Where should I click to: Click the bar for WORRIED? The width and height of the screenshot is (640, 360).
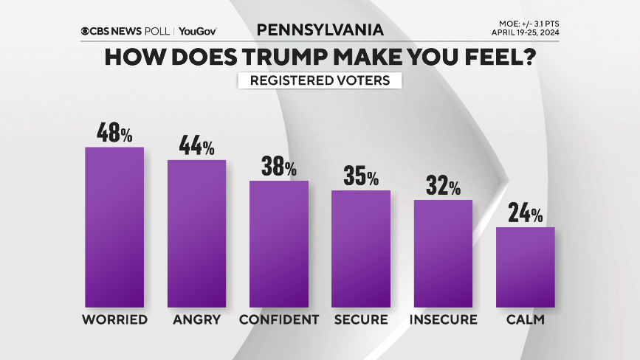click(114, 227)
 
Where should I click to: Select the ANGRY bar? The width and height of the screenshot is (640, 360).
click(196, 233)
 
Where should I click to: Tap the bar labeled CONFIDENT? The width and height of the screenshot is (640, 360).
click(278, 243)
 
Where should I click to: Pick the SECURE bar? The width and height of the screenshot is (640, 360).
click(361, 249)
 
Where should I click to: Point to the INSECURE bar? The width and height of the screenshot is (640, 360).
click(443, 253)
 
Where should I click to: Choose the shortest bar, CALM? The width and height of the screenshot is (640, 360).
click(525, 267)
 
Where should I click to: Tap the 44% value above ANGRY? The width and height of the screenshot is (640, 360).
click(196, 145)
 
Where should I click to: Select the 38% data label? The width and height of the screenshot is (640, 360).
click(278, 166)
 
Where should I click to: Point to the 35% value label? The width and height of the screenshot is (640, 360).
click(361, 176)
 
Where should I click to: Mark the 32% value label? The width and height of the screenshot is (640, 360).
click(443, 186)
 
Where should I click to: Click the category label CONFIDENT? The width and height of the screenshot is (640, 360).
click(278, 319)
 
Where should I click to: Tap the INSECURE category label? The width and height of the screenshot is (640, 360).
click(443, 319)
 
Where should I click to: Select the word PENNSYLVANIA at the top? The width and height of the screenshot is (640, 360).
click(320, 30)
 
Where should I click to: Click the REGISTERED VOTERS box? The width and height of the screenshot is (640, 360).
click(320, 80)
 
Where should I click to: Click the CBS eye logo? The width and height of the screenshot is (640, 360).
click(86, 31)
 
